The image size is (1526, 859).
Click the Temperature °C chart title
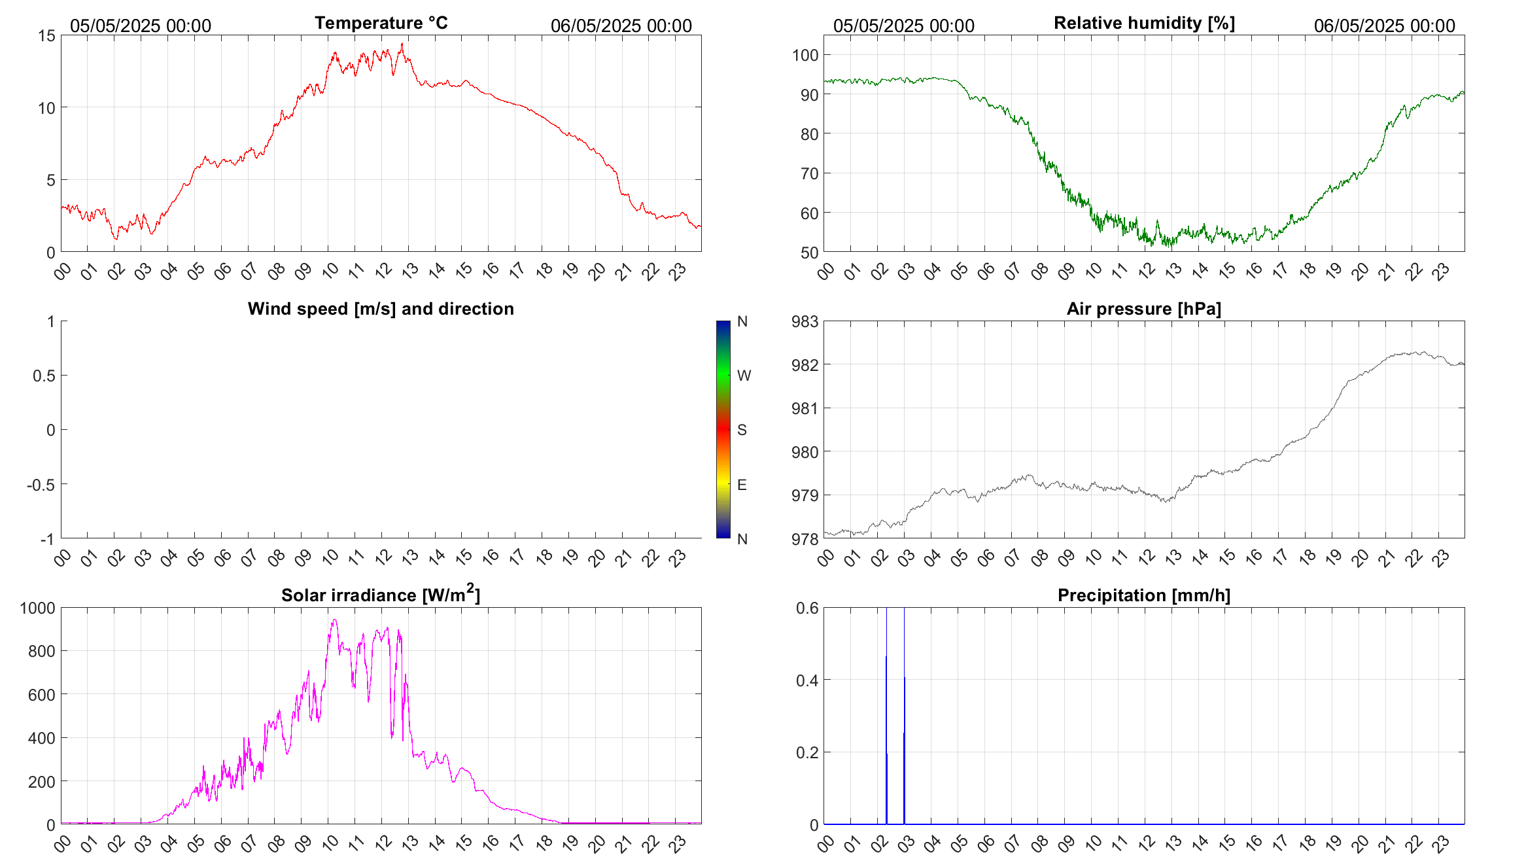pyautogui.click(x=381, y=23)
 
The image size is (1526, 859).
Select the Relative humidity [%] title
pyautogui.click(x=1144, y=23)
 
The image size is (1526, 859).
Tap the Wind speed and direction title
pyautogui.click(x=381, y=309)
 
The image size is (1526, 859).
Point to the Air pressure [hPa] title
pyautogui.click(x=1144, y=309)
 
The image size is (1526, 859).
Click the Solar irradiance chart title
pyautogui.click(x=381, y=595)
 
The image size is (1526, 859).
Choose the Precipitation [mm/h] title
pyautogui.click(x=1144, y=595)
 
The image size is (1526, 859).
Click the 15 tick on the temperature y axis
pyautogui.click(x=46, y=36)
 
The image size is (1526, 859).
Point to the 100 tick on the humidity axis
pyautogui.click(x=805, y=55)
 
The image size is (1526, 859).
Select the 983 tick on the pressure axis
pyautogui.click(x=805, y=321)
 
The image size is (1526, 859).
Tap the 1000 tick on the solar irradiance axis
pyautogui.click(x=37, y=608)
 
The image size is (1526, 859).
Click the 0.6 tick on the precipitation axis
pyautogui.click(x=807, y=608)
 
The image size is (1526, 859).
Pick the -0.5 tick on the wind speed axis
pyautogui.click(x=41, y=485)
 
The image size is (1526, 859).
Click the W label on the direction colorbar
pyautogui.click(x=744, y=376)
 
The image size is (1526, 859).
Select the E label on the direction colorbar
pyautogui.click(x=742, y=485)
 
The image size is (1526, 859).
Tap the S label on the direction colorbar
pyautogui.click(x=742, y=430)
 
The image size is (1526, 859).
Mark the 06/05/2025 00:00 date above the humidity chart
pyautogui.click(x=1384, y=26)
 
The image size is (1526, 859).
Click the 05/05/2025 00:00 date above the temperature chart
pyautogui.click(x=141, y=26)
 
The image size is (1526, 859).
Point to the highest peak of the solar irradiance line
pyautogui.click(x=334, y=620)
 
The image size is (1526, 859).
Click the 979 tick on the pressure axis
pyautogui.click(x=805, y=495)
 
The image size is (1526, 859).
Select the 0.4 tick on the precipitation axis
pyautogui.click(x=807, y=680)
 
